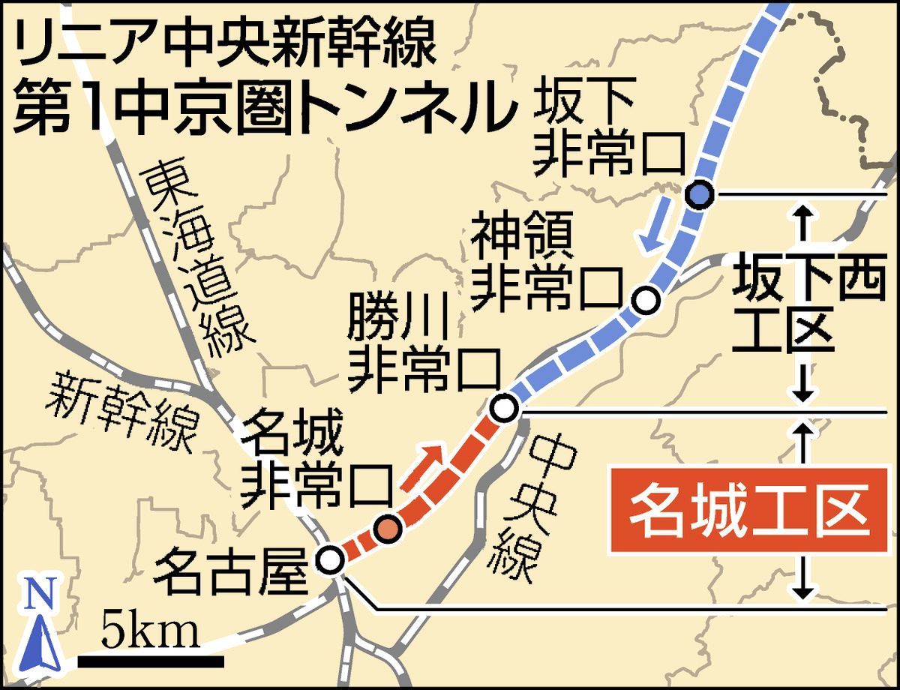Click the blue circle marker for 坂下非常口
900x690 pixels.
pos(699,195)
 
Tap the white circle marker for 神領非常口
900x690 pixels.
pos(646,300)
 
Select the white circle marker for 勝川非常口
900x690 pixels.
pos(504,409)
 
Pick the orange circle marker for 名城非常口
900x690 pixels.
pos(388,529)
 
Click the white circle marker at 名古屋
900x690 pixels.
pos(330,559)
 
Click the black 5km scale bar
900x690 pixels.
pos(151,661)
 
